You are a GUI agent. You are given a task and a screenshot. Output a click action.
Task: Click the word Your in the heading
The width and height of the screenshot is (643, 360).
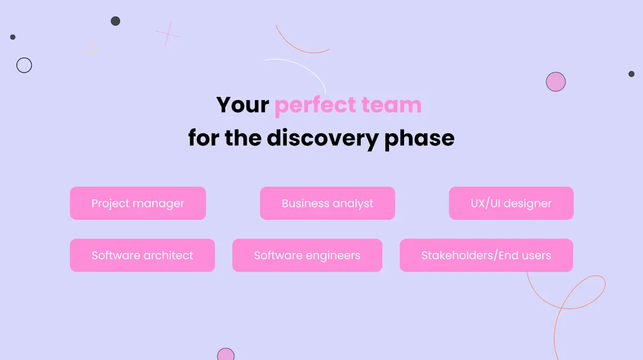(242, 105)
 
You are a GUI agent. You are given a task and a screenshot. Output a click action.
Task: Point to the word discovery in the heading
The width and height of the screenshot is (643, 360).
(323, 138)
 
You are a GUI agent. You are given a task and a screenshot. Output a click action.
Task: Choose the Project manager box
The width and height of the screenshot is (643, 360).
(138, 204)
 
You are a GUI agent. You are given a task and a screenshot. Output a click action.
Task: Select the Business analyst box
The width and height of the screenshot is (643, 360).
(327, 204)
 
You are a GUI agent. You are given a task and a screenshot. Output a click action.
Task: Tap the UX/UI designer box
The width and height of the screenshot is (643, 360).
(511, 204)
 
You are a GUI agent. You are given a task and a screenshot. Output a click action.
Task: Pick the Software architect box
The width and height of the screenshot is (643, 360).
(142, 256)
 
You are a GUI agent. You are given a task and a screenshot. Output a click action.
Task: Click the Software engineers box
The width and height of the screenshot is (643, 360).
(307, 256)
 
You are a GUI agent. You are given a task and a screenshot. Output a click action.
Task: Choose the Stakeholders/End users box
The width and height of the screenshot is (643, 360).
(486, 256)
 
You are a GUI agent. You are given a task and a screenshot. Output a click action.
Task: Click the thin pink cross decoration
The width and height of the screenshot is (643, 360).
(168, 34)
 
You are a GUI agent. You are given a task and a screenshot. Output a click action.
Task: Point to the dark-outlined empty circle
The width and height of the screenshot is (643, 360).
(24, 65)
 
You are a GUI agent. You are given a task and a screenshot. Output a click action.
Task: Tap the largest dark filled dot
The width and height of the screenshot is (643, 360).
(115, 21)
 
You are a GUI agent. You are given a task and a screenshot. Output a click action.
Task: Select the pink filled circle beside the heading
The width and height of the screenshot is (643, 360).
(556, 82)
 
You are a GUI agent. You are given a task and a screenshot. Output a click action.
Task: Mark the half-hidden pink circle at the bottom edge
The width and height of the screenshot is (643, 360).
(226, 355)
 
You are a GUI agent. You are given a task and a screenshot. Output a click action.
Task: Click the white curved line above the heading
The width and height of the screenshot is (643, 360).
(300, 67)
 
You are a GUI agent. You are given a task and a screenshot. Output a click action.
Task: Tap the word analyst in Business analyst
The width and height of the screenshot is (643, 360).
(352, 204)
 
